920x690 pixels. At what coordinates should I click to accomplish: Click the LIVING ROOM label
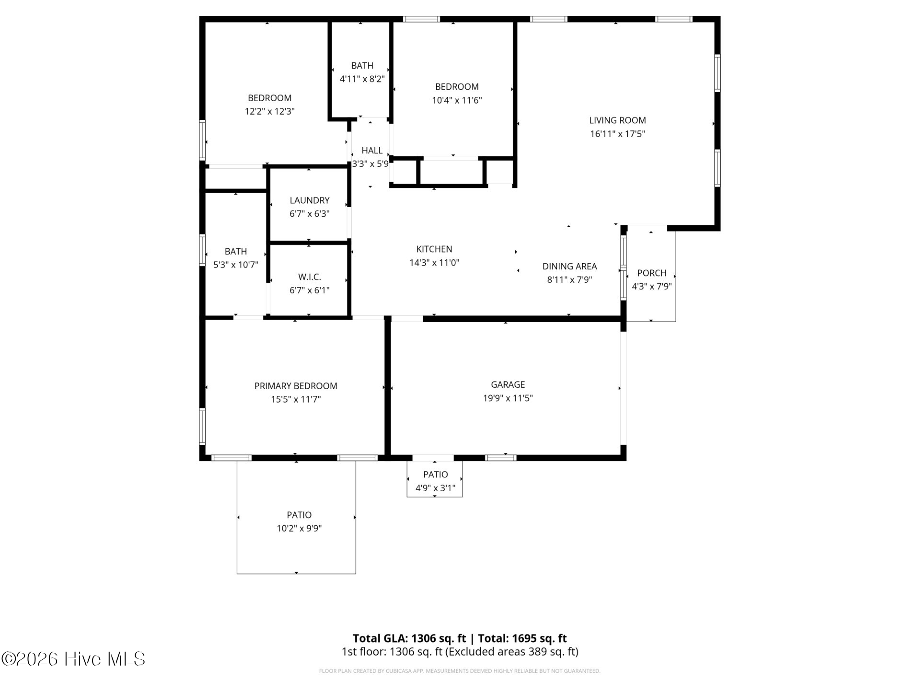[617, 120]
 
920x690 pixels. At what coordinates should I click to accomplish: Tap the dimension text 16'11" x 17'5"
[617, 134]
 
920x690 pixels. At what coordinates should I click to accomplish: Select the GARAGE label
[508, 384]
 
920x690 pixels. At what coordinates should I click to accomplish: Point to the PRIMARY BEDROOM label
[296, 386]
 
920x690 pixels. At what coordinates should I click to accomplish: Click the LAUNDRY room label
[310, 200]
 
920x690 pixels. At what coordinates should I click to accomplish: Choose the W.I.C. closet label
[310, 277]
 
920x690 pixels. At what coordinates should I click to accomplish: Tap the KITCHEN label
[434, 249]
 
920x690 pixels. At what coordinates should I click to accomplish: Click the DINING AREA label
[570, 266]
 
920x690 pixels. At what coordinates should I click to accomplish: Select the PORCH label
[652, 273]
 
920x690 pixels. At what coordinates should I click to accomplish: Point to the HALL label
[372, 150]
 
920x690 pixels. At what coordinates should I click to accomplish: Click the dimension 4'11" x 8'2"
[362, 79]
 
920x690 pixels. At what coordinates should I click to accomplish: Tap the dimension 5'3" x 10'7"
[236, 264]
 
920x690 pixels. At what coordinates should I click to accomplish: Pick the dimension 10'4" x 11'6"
[457, 100]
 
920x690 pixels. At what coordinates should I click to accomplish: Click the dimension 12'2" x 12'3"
[270, 112]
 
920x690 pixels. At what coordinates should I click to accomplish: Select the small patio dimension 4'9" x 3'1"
[436, 488]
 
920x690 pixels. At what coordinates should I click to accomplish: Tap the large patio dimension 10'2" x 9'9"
[299, 529]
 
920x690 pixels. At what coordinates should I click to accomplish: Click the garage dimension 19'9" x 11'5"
[508, 398]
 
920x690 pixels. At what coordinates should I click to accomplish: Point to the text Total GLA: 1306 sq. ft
[409, 638]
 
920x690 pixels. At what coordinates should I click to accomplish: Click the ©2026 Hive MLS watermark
[73, 659]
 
